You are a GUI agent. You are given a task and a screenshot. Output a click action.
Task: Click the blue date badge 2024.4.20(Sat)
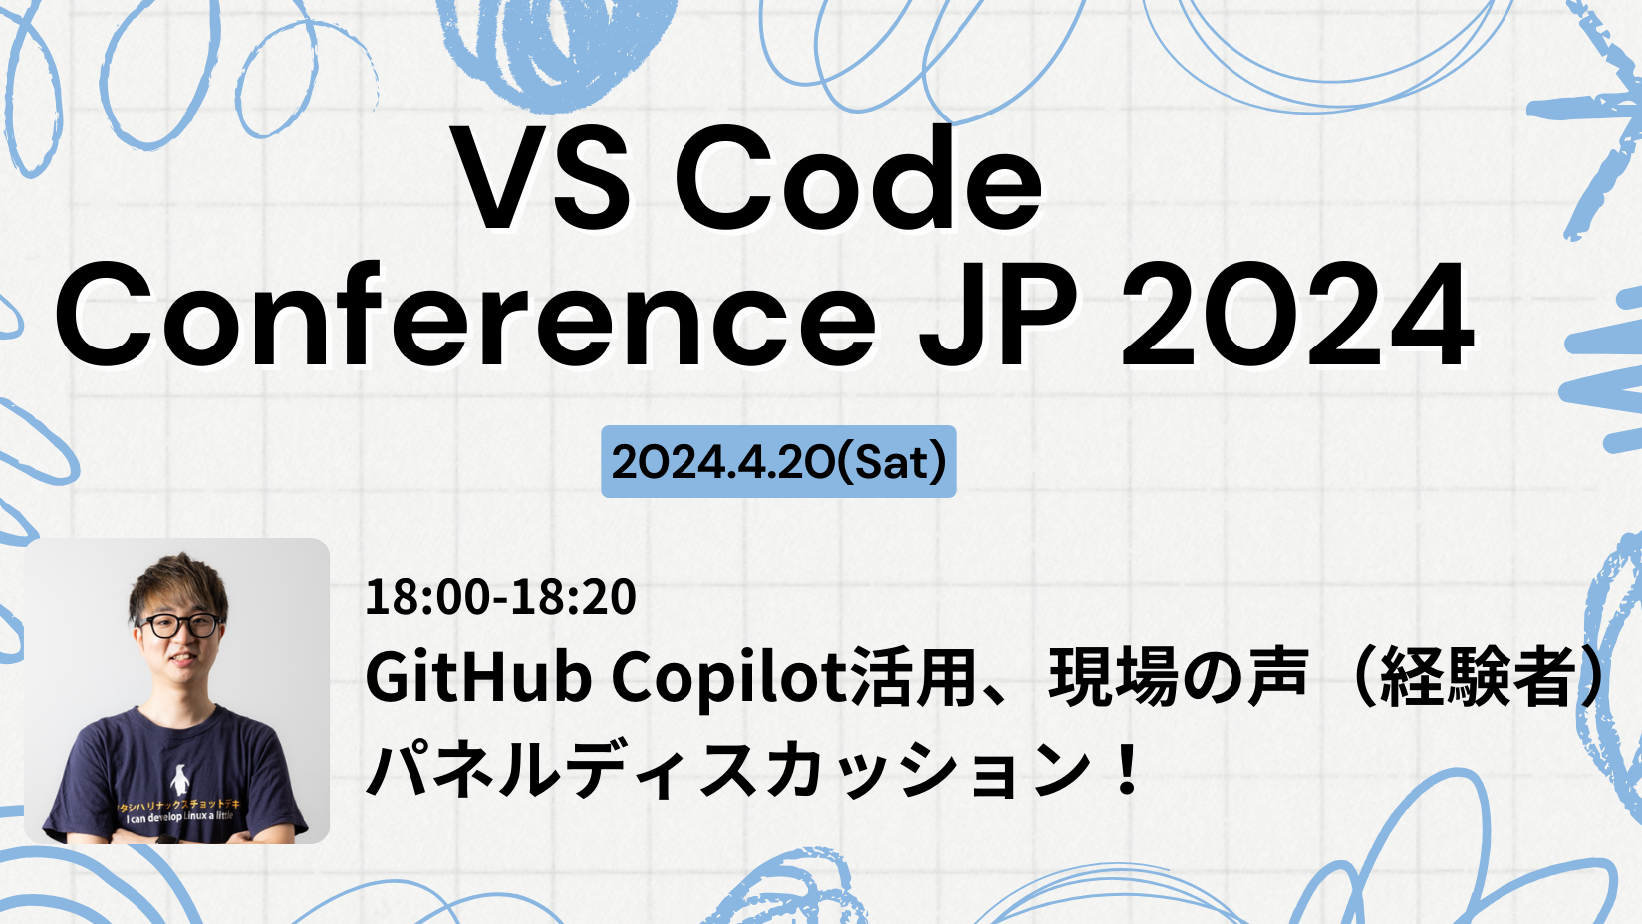tap(778, 462)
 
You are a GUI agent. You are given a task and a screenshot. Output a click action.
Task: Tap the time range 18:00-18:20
tap(500, 597)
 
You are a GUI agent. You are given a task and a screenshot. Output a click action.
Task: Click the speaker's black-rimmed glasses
tap(179, 626)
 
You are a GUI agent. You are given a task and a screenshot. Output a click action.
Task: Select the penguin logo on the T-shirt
tap(180, 780)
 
